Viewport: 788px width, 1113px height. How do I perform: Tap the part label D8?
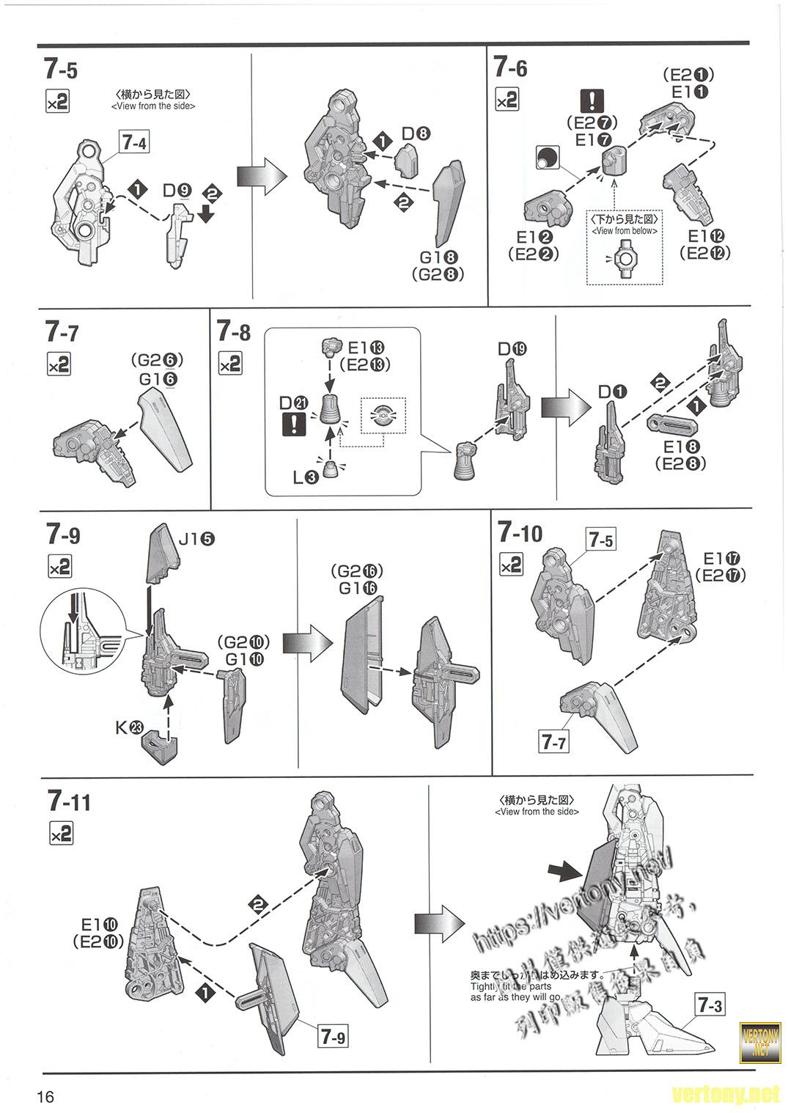click(x=416, y=134)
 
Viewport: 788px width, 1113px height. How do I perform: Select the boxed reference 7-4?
click(x=133, y=143)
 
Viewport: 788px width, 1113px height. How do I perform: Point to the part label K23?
click(x=129, y=727)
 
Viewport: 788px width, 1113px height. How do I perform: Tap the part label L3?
click(x=305, y=477)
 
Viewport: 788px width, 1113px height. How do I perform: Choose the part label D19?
click(x=512, y=349)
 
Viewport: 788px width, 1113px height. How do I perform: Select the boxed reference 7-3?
click(x=709, y=1004)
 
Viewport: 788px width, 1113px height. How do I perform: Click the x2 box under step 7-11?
click(x=61, y=834)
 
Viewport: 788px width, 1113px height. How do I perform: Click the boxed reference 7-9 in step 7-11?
click(x=332, y=1037)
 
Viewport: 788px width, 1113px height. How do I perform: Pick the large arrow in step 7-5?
click(x=259, y=176)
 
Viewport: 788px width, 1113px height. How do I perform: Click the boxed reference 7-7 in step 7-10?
click(x=553, y=742)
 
